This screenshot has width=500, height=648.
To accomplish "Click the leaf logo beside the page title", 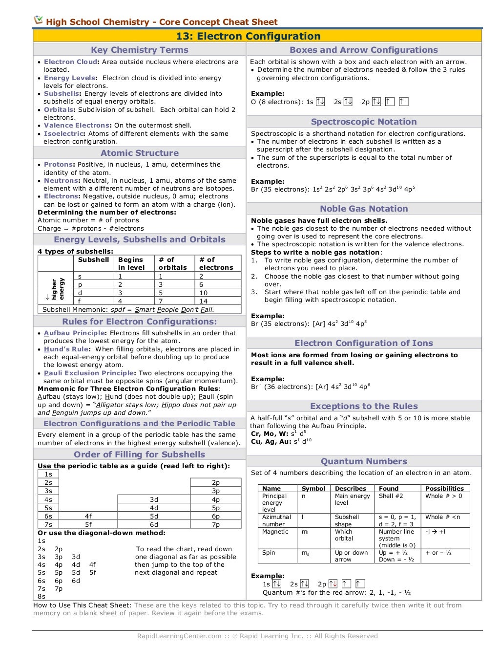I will tap(38, 20).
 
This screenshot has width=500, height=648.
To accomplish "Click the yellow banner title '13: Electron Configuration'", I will tap(248, 36).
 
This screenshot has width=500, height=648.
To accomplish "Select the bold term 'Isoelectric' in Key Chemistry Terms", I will tap(63, 133).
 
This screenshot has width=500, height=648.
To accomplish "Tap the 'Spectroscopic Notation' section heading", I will tap(364, 122).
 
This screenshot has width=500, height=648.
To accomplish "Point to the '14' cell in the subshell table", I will tap(204, 301).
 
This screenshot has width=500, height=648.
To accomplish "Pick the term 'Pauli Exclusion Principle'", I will tap(89, 373).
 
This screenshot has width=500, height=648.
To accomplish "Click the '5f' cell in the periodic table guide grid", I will tap(88, 524).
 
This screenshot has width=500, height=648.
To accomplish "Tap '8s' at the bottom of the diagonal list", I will tap(42, 596).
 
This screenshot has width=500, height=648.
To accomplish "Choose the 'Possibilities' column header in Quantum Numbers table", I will tap(444, 488).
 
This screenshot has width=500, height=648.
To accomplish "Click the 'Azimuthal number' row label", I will tap(276, 520).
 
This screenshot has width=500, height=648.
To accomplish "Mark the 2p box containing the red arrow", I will tap(333, 583).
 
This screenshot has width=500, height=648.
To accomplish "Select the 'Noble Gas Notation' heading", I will tap(364, 209).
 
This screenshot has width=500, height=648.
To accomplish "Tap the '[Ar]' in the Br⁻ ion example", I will tap(322, 387).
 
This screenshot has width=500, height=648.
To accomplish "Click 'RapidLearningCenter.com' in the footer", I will tap(179, 636).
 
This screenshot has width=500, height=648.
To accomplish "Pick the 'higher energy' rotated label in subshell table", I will tap(57, 289).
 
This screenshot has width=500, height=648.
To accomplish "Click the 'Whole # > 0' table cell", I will tap(443, 496).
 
